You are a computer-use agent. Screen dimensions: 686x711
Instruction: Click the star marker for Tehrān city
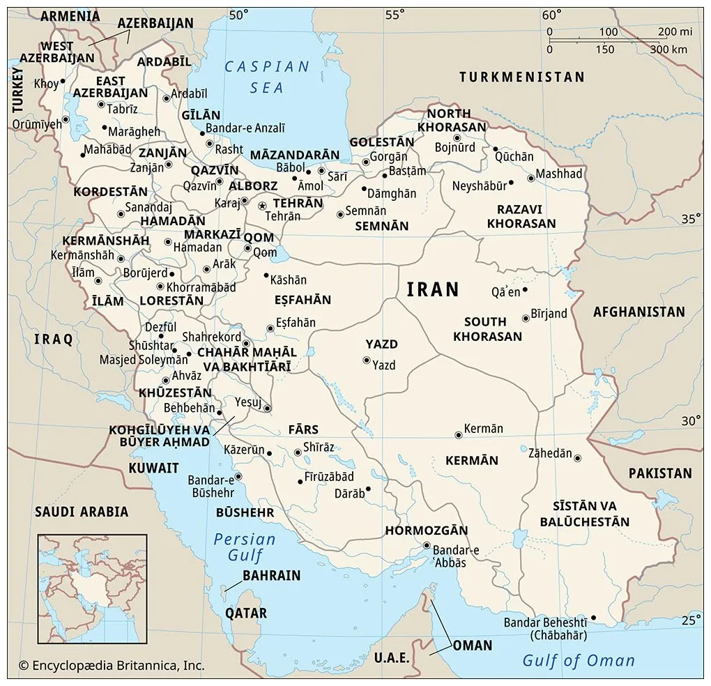262,206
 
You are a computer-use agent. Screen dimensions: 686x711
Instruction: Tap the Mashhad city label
559,174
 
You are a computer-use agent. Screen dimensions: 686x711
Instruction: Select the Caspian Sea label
267,77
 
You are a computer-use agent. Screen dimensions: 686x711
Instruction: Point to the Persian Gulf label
245,547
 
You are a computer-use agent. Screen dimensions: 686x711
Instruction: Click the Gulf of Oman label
579,660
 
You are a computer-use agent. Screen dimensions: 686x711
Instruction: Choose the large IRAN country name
433,289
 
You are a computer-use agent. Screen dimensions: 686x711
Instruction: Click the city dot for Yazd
366,360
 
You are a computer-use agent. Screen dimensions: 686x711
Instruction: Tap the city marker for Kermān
458,435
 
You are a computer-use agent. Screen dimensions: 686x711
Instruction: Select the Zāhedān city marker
577,458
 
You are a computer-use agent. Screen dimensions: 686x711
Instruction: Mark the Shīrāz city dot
298,452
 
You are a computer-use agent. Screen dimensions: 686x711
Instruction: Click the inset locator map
92,588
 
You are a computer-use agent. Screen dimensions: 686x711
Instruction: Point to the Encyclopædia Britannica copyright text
112,666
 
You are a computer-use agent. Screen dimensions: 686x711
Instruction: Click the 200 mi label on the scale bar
675,32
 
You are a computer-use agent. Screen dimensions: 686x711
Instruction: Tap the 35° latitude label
691,219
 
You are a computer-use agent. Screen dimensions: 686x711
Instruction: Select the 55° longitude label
395,15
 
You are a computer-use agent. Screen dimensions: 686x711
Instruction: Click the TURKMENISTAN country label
521,77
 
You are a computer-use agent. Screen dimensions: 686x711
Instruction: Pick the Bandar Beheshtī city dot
593,617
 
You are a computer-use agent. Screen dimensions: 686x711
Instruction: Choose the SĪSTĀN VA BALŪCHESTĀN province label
584,514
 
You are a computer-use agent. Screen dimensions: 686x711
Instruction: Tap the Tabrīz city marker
101,105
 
